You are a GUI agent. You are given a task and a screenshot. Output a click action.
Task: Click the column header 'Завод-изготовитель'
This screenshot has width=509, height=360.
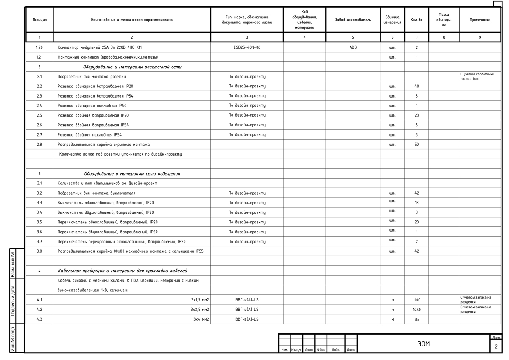pos(353,20)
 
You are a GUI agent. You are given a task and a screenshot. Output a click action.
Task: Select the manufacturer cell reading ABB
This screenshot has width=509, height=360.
pos(353,47)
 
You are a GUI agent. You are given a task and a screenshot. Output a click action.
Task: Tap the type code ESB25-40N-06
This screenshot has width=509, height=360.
pos(247,47)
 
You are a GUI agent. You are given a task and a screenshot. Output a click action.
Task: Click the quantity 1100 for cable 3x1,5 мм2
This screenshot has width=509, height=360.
pos(417,300)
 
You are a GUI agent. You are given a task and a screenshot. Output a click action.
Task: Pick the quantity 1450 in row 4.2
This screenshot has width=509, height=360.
pos(417,310)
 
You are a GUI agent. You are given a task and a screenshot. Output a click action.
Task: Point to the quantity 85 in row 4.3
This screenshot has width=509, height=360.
pos(417,319)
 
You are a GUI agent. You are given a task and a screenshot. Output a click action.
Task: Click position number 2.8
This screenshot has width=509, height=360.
pos(39,145)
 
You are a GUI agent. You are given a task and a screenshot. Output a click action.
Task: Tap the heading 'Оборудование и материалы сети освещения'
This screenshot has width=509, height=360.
pos(132,173)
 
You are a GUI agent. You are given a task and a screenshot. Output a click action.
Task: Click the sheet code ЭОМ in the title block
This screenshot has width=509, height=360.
pos(423,344)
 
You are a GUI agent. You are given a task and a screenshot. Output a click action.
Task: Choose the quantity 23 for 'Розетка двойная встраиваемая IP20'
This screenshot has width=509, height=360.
pos(417,115)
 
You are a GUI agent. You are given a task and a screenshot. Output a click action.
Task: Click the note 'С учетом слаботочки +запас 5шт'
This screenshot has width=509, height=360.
pos(477,76)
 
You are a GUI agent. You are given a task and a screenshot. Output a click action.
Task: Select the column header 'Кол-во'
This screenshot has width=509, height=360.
pos(417,20)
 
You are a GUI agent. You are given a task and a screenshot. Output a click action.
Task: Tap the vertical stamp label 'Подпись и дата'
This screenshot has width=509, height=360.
pos(13,301)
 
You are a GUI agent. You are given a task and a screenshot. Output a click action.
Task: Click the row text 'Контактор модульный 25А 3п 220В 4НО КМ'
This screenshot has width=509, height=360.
pos(99,47)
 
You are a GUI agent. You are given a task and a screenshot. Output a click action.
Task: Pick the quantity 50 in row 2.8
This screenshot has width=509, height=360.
pos(417,145)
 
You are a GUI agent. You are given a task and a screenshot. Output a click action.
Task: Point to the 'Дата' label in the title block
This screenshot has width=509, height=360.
pos(351,350)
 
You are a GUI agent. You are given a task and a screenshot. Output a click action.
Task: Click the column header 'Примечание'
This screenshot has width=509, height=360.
pos(480,20)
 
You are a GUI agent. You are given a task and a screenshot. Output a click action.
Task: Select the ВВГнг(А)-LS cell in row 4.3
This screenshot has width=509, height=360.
pos(247,319)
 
